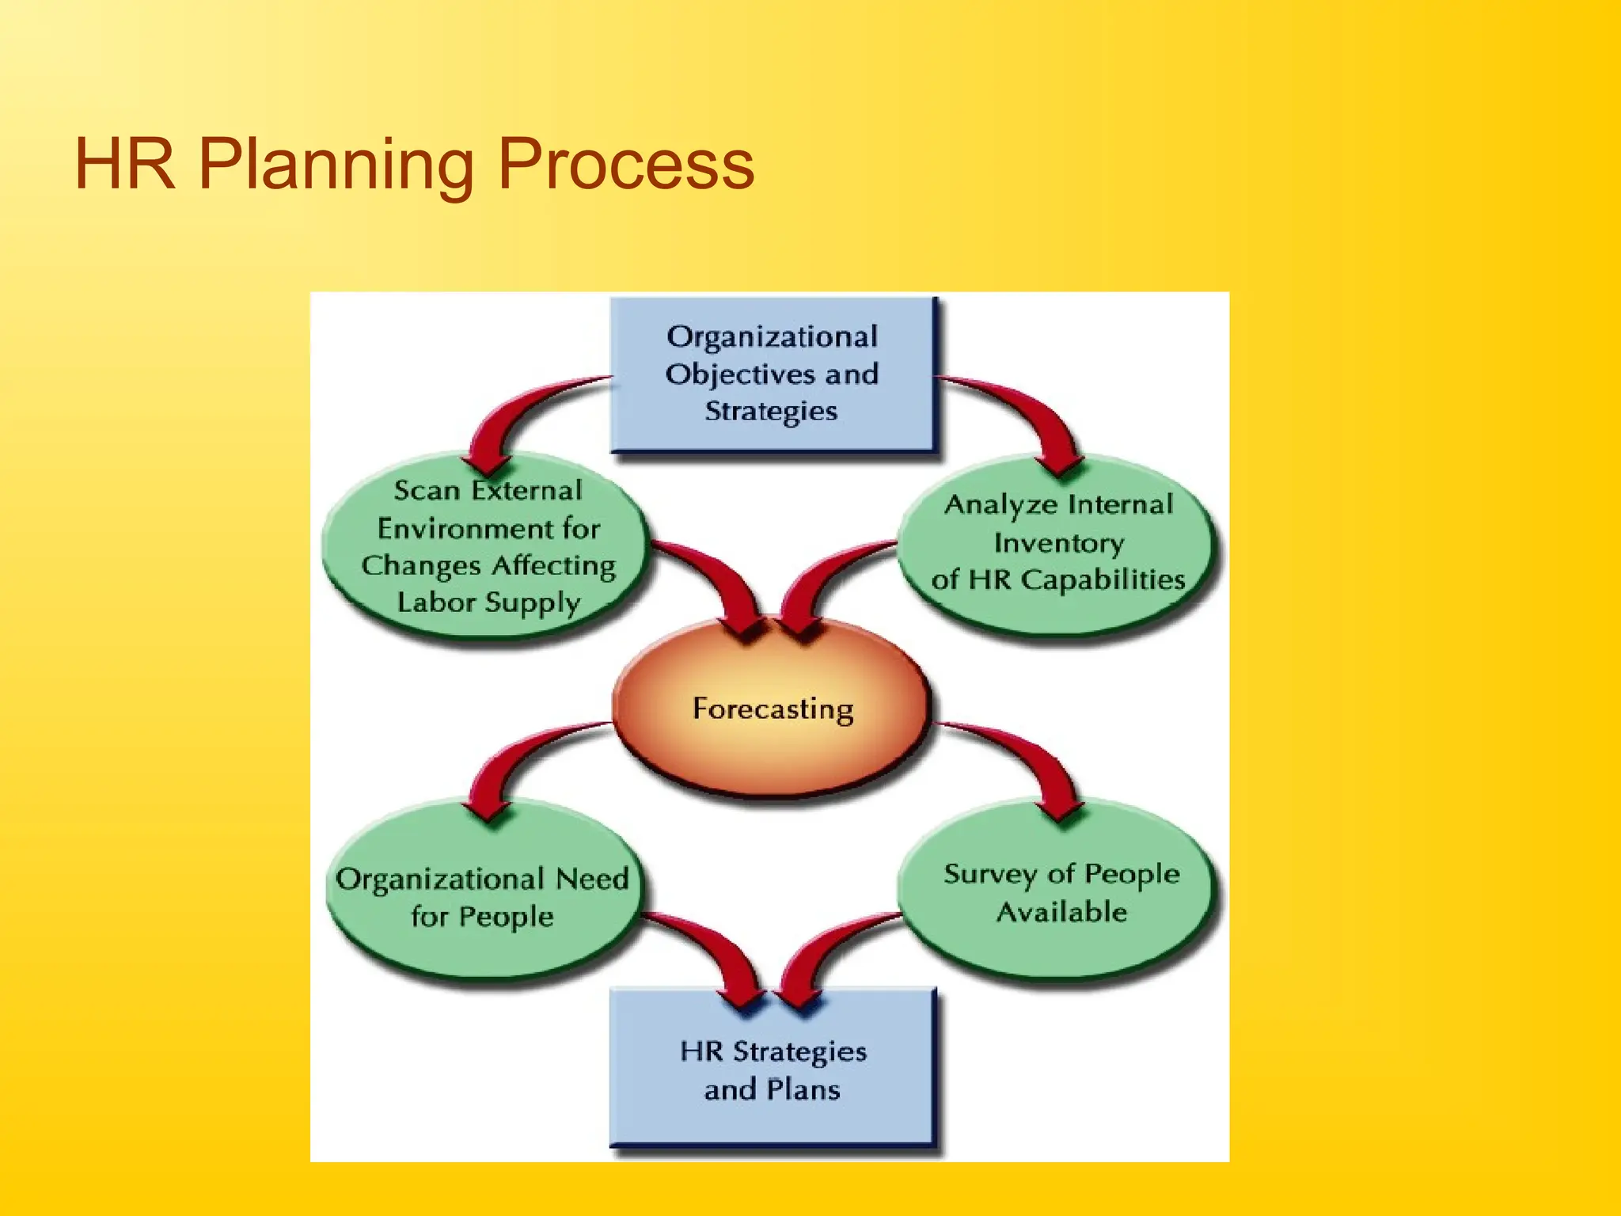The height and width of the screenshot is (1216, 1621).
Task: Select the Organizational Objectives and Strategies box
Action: tap(773, 374)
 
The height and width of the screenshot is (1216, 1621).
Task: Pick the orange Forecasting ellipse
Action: tap(773, 709)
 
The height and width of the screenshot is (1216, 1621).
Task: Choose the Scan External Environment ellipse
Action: tap(488, 546)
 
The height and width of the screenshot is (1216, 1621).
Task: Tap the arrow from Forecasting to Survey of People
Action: tap(1029, 760)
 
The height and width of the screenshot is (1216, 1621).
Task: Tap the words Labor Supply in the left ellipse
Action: tap(488, 603)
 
